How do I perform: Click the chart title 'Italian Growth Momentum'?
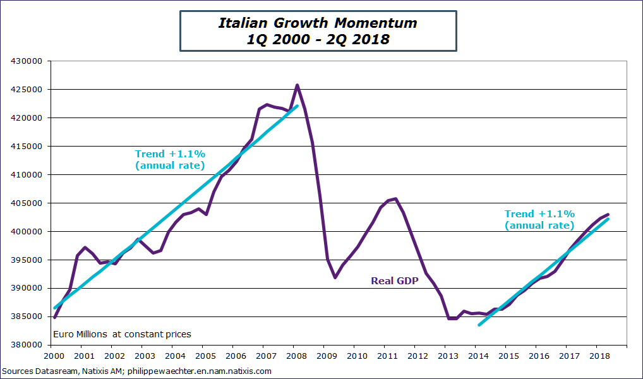tap(318, 23)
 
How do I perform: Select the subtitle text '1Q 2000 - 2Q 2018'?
tap(318, 39)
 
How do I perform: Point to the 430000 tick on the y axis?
tap(29, 61)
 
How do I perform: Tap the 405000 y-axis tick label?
tap(29, 203)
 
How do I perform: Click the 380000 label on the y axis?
tap(29, 346)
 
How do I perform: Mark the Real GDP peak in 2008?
tap(297, 85)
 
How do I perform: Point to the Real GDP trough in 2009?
tap(335, 277)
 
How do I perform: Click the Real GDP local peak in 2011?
tap(395, 198)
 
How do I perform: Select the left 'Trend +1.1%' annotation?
tap(171, 159)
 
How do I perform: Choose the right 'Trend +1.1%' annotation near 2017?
tap(540, 219)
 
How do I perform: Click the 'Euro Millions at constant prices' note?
tap(123, 334)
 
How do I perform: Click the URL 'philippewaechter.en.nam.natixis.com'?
tap(199, 371)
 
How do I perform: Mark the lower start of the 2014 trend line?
tap(479, 325)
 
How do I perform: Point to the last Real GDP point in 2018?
tap(608, 215)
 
